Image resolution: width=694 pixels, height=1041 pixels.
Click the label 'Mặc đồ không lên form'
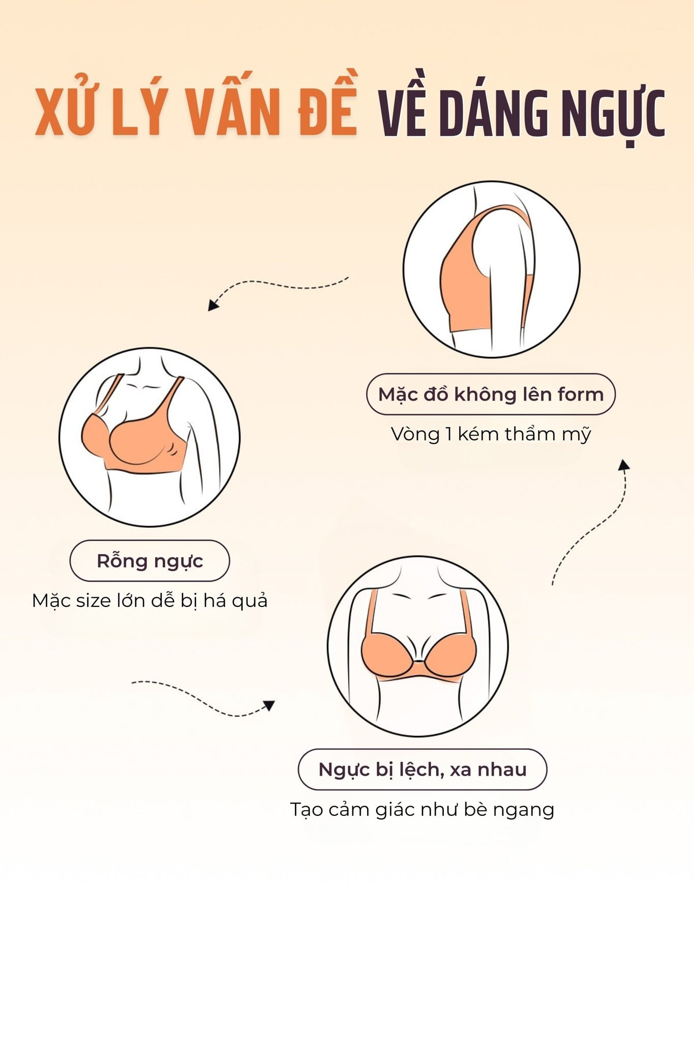(x=491, y=394)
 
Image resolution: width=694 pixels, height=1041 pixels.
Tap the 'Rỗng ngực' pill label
(x=149, y=561)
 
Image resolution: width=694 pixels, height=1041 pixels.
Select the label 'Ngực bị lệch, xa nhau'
(x=423, y=770)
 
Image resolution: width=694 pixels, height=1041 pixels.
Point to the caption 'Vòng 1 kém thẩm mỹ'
(x=491, y=434)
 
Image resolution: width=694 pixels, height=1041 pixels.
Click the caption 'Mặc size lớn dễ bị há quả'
(x=149, y=601)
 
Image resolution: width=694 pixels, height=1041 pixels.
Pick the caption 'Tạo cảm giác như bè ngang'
(x=422, y=810)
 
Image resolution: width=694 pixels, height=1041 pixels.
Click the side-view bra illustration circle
(x=491, y=269)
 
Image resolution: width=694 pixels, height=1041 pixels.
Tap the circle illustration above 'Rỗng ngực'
(x=149, y=437)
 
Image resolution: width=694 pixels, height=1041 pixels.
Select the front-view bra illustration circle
(x=418, y=646)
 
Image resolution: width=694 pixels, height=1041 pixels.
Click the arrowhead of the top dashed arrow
(x=214, y=304)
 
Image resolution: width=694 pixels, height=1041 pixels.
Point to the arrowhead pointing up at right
(x=624, y=465)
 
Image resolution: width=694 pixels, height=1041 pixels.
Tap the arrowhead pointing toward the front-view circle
(x=268, y=705)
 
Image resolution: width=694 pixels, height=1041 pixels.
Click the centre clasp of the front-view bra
(x=418, y=661)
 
